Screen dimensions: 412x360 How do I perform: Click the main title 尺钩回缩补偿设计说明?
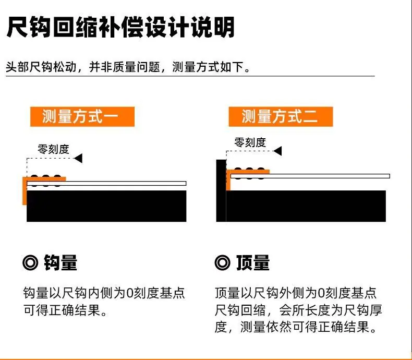120,27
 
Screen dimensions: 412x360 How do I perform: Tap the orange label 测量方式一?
82,116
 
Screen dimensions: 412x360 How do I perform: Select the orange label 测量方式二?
281,116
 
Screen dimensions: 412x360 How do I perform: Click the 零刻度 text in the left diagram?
53,149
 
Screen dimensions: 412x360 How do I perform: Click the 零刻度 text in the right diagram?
250,142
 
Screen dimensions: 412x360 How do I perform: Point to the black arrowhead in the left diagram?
78,159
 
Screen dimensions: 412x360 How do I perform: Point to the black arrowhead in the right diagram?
278,151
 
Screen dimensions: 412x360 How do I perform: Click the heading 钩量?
60,262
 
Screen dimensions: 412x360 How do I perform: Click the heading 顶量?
253,262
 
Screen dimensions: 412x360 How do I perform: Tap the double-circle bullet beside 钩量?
30,263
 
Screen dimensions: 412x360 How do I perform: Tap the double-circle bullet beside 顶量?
222,263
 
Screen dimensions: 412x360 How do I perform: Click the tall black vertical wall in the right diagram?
221,190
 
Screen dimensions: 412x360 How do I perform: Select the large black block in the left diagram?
106,206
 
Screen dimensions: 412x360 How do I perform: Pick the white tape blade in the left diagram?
106,184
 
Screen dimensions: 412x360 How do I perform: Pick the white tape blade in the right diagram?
310,176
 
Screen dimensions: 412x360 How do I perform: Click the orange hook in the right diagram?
228,181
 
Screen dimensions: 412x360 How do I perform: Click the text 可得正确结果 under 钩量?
62,310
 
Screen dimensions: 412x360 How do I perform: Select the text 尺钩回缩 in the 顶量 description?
240,310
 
